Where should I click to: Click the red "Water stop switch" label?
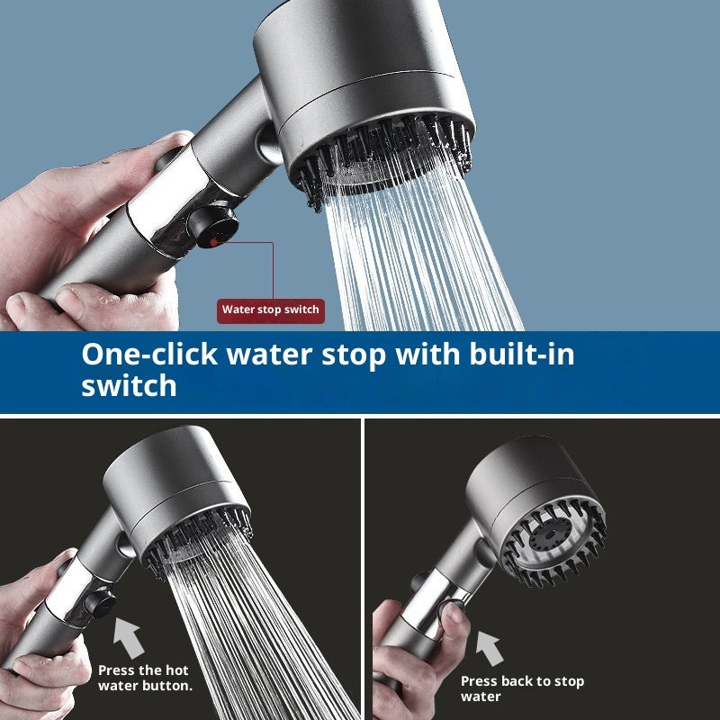point(270,310)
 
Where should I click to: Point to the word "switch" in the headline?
point(130,385)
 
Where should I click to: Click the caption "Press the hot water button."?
point(144,678)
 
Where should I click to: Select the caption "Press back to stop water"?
point(522,688)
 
